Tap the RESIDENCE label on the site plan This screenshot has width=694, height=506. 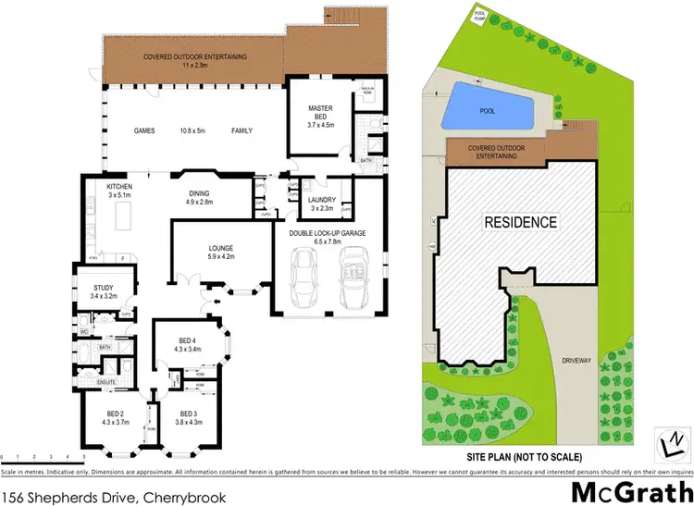(518, 222)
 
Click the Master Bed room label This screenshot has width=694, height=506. (320, 114)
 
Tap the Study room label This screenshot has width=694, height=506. (103, 292)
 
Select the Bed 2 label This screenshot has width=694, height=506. (116, 417)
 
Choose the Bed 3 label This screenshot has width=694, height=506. (188, 417)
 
